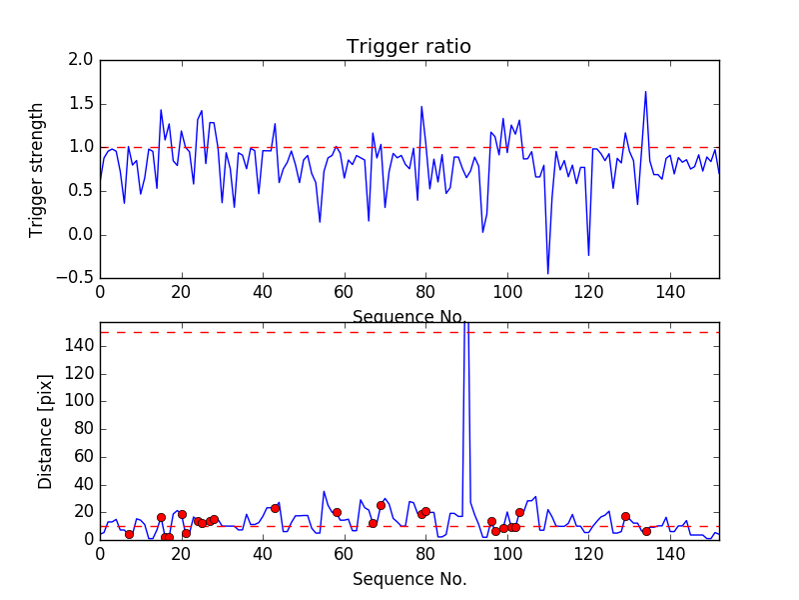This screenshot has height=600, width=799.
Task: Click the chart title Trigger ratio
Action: coord(408,46)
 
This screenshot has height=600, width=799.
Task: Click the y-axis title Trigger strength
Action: coord(37,169)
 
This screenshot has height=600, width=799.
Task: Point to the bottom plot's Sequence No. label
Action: coord(409,579)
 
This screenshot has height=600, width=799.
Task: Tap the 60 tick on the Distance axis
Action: coord(81,457)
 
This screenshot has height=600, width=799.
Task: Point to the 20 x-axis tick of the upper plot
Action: coord(181,292)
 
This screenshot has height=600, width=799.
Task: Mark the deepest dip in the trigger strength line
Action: coord(547,273)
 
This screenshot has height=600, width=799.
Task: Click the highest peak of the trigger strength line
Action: coord(645,92)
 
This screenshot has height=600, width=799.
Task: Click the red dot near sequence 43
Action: coord(275,508)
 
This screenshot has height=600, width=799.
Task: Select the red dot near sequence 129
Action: coord(625,516)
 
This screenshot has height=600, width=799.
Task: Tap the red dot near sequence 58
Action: coord(337,512)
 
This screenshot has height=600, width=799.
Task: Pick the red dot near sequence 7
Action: coord(129,534)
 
